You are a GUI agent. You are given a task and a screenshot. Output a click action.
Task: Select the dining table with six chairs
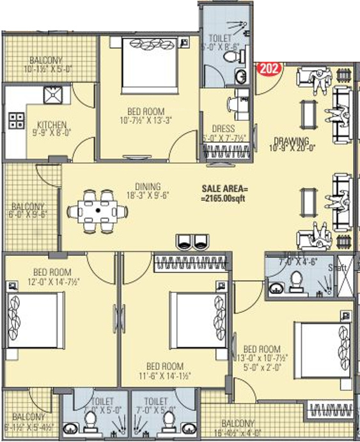tap(99, 209)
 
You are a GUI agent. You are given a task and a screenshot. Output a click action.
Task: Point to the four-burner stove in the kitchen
tap(17, 120)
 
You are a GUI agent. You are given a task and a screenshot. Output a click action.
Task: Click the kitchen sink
tap(52, 95)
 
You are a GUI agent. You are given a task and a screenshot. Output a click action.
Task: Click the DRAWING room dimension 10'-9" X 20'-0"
tap(291, 149)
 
